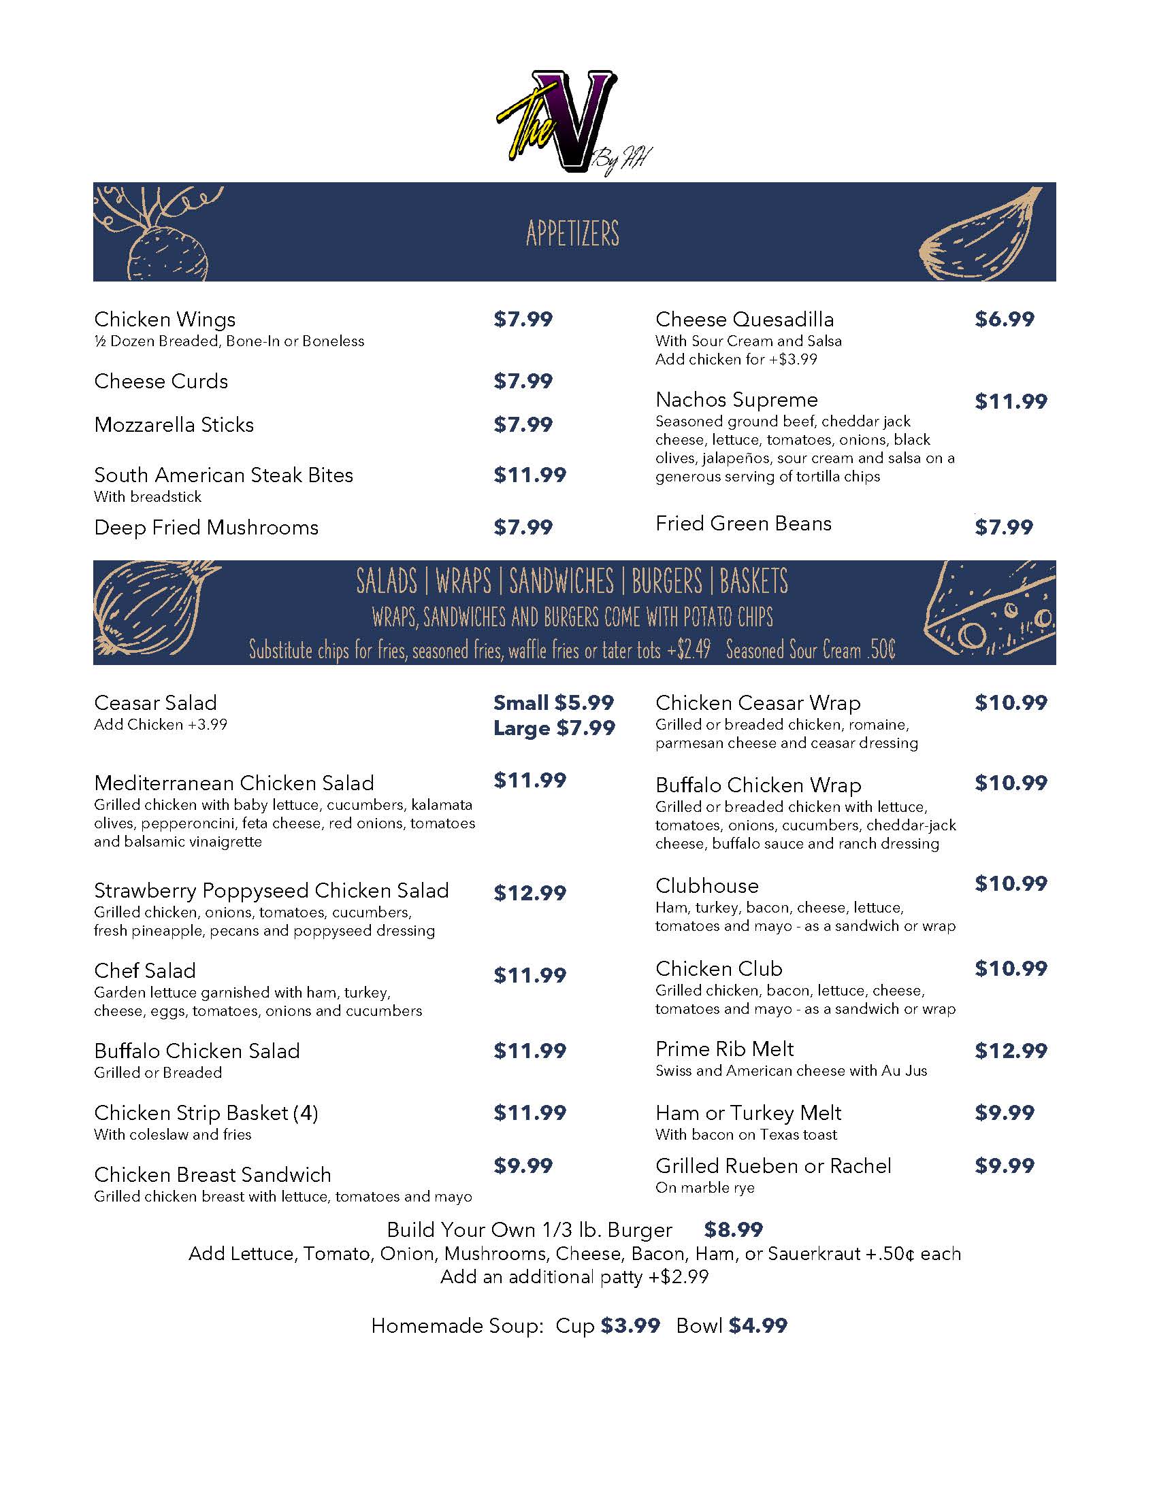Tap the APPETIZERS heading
(572, 233)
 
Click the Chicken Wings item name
(165, 319)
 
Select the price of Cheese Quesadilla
(1004, 319)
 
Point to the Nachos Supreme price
(1011, 401)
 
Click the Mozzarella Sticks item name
(174, 425)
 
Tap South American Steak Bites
(223, 475)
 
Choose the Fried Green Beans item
(743, 524)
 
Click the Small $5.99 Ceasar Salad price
(553, 703)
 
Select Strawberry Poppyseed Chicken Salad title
(272, 891)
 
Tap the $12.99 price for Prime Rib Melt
(1011, 1051)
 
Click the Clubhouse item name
(706, 885)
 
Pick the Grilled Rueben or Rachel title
(773, 1166)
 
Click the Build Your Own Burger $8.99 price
(733, 1229)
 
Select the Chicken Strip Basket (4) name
(206, 1112)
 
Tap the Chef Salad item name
(144, 970)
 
